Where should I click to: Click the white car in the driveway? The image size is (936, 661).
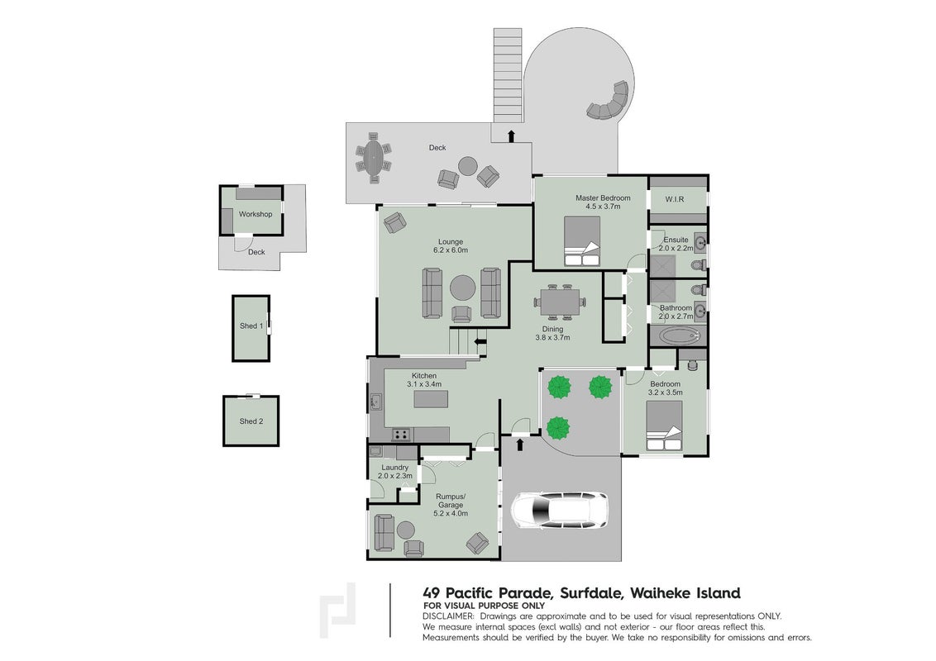tap(560, 510)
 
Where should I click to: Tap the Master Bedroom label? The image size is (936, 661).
tap(603, 198)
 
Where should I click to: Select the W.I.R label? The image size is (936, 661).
tap(675, 199)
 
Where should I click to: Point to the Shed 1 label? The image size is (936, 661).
tap(251, 326)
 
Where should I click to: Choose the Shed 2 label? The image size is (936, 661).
tap(251, 421)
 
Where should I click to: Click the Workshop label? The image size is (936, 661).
tap(255, 214)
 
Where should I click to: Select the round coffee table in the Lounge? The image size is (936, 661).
tap(463, 288)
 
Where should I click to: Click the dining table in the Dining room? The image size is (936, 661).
tap(559, 302)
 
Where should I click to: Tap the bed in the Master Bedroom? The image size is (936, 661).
tap(582, 241)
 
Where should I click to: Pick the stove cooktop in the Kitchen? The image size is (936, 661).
tap(401, 435)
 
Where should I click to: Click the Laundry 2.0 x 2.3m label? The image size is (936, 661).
tap(394, 471)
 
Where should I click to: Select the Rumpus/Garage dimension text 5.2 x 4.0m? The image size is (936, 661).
tap(451, 513)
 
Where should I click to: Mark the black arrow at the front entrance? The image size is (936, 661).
tap(519, 445)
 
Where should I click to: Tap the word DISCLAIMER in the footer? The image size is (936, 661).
tap(448, 616)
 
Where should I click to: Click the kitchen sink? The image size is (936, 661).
tap(376, 402)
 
